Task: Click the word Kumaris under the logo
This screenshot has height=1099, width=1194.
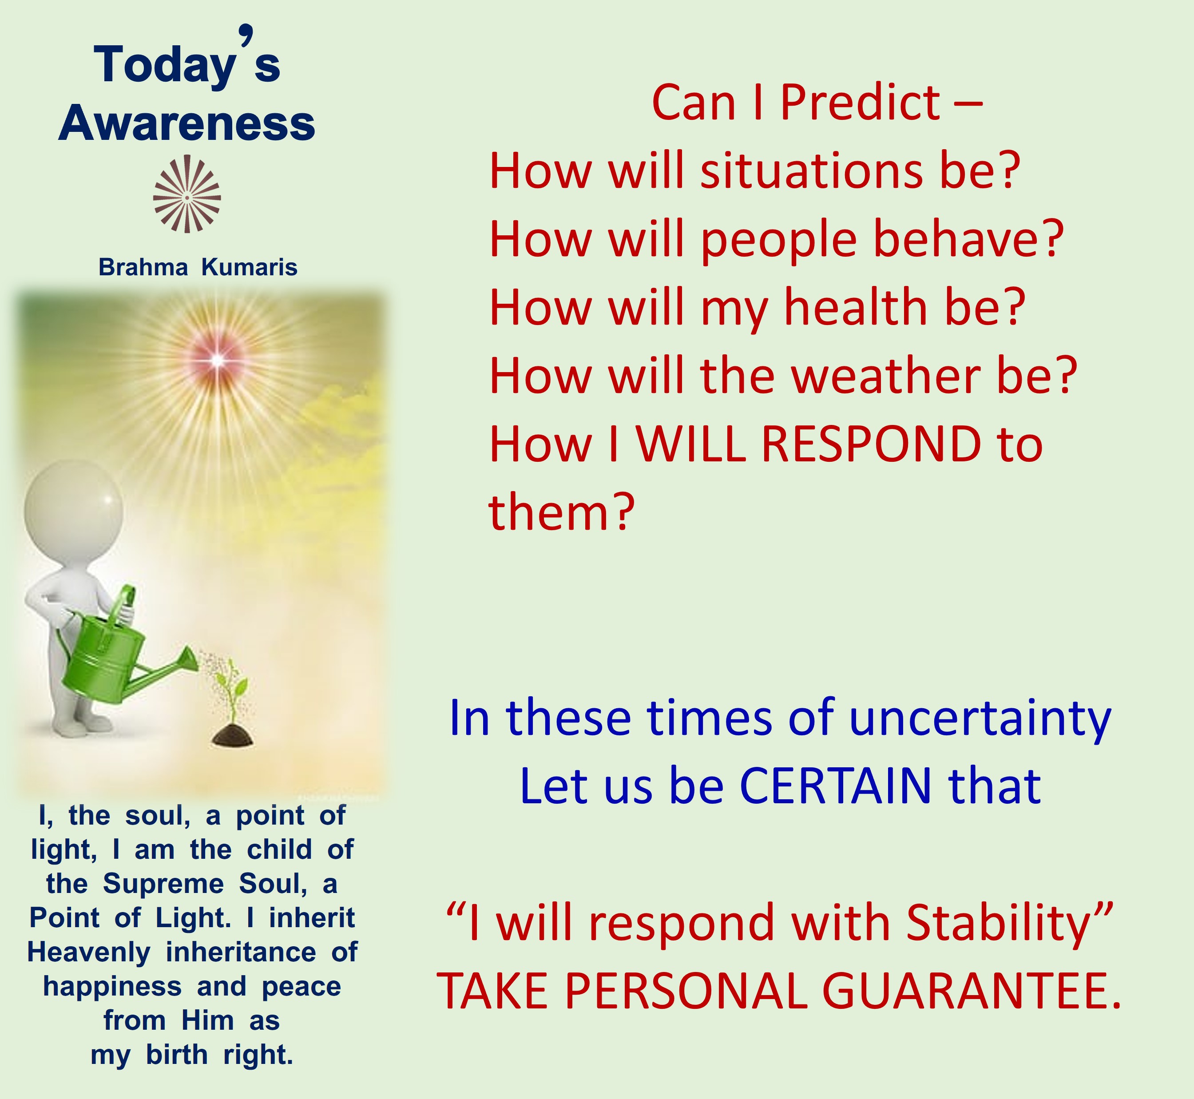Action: [249, 268]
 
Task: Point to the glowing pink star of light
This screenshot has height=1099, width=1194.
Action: [218, 360]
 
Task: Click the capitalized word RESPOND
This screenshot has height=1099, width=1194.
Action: [871, 444]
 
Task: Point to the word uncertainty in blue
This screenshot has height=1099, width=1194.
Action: [980, 718]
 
